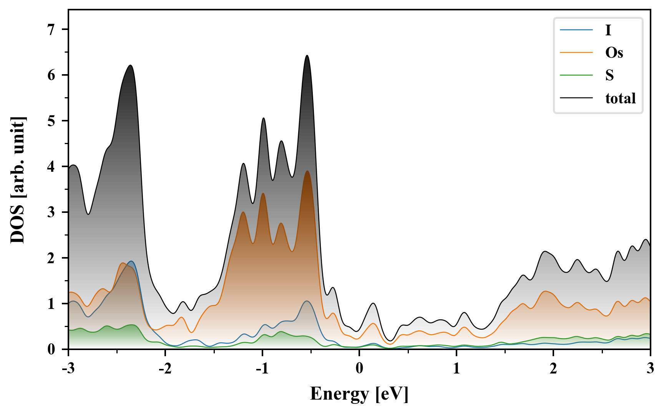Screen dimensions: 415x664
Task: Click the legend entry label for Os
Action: [x=614, y=53]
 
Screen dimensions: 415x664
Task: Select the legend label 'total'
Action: [x=620, y=98]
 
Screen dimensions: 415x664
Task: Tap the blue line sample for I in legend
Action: [x=576, y=30]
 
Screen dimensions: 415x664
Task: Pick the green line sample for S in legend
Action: [x=576, y=75]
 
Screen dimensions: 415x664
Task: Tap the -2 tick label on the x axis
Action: [x=165, y=369]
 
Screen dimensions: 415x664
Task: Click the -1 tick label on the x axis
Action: [x=262, y=369]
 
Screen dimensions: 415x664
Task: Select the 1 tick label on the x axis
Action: [x=456, y=369]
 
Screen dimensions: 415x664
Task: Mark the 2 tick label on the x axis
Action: [x=553, y=369]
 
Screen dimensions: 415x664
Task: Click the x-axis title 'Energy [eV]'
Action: [x=359, y=394]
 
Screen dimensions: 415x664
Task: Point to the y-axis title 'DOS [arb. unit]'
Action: [x=18, y=180]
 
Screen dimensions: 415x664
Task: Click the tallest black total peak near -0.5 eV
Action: [x=307, y=56]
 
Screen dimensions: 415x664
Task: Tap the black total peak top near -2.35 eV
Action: [x=131, y=65]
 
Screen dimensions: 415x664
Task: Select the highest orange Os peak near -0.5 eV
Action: [x=307, y=171]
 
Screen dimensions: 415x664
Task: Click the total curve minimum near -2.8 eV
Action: [x=88, y=214]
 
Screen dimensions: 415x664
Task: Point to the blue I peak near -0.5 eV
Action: [x=307, y=301]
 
